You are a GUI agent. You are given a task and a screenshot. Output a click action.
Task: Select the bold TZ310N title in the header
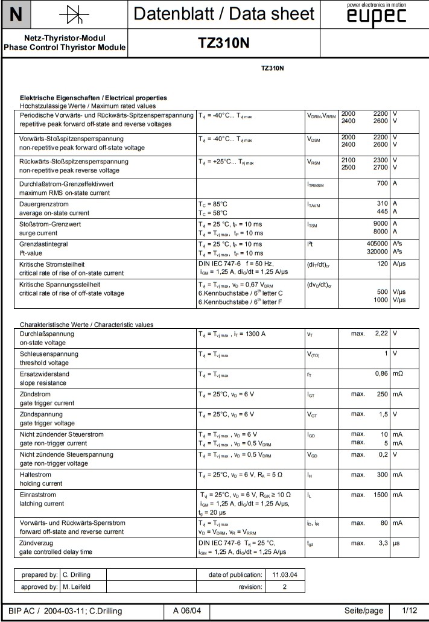pyautogui.click(x=223, y=43)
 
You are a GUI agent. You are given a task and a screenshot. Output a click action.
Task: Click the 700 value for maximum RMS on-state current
pyautogui.click(x=381, y=183)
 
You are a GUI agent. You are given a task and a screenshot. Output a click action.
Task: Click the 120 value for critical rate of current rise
pyautogui.click(x=381, y=264)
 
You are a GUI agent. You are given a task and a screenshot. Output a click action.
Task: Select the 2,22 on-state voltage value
pyautogui.click(x=380, y=333)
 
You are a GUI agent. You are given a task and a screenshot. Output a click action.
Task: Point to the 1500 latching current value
pyautogui.click(x=379, y=495)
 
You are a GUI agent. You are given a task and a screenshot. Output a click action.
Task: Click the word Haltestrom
pyautogui.click(x=37, y=475)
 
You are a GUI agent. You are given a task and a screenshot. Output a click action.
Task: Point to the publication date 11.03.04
pyautogui.click(x=285, y=574)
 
